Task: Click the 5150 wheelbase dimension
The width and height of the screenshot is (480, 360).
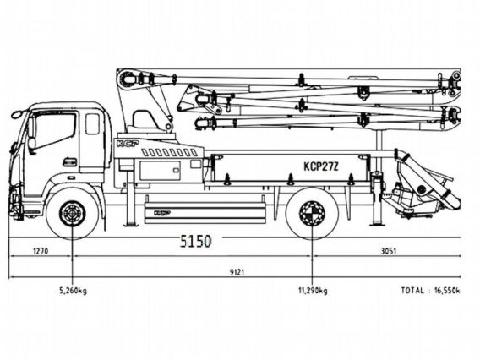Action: [195, 241]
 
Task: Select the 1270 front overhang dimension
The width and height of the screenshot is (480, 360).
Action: [41, 251]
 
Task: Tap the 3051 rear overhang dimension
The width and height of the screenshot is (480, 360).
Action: [388, 251]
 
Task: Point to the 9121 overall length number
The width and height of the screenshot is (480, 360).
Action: [237, 272]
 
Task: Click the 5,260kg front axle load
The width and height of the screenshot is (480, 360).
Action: [73, 291]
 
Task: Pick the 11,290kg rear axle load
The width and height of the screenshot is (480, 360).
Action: [313, 291]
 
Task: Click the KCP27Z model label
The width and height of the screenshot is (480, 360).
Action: [321, 166]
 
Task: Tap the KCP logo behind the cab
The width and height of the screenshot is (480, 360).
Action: [128, 144]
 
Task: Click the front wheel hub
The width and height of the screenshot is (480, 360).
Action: [73, 213]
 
